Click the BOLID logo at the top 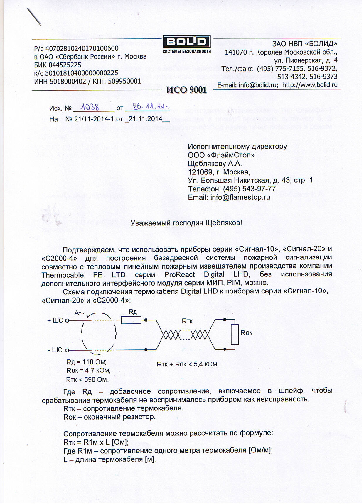(187, 42)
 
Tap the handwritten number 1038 (90, 107)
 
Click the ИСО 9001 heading (187, 90)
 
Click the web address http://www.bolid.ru (310, 85)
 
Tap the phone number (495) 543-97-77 (249, 189)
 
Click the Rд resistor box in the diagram (131, 320)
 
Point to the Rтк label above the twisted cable (187, 321)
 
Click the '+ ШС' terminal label (55, 320)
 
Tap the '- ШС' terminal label (55, 350)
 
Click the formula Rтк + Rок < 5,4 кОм (187, 364)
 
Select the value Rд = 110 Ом (86, 362)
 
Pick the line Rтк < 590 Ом (87, 380)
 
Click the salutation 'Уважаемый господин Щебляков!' (186, 223)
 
